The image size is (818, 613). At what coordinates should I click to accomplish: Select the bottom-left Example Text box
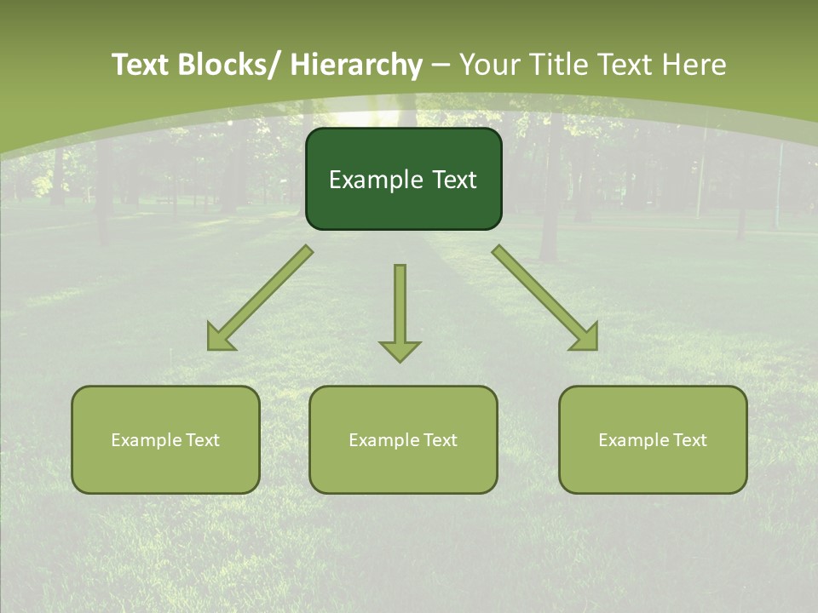[x=165, y=440]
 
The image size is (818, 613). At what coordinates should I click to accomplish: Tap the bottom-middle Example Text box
[x=403, y=440]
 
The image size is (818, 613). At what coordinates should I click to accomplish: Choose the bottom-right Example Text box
[x=653, y=440]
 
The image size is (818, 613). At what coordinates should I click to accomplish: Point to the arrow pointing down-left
[x=261, y=297]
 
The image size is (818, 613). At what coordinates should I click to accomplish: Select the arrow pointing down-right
[x=544, y=297]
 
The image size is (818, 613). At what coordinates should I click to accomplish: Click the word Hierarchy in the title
[x=355, y=66]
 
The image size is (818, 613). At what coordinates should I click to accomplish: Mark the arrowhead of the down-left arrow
[x=219, y=339]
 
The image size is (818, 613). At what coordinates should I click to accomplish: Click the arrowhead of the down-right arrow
[x=585, y=338]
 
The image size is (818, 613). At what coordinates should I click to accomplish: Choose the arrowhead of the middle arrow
[x=400, y=351]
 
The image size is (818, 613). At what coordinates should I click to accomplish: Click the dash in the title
[x=441, y=66]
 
